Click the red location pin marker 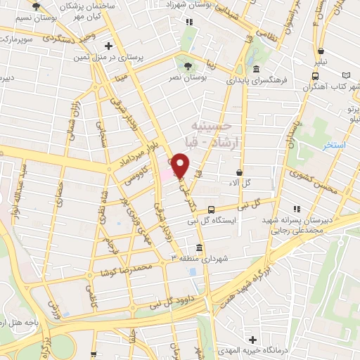coord(181,166)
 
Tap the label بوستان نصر coord(188,79)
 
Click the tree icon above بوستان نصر coord(187,67)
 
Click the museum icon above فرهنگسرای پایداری coord(256,69)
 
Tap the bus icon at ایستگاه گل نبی coord(211,210)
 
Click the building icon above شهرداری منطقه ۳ coord(200,247)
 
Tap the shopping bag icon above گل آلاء coord(240,172)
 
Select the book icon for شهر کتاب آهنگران coord(346,75)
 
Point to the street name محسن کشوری coord(314,181)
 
